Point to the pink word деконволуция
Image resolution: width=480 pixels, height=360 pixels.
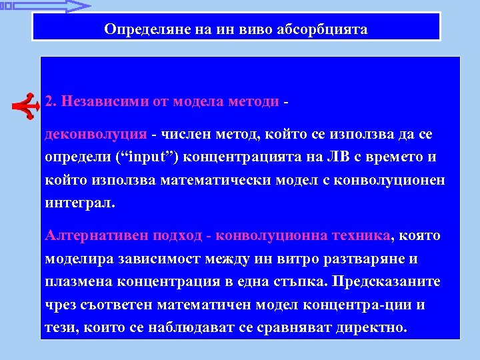[95, 135]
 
